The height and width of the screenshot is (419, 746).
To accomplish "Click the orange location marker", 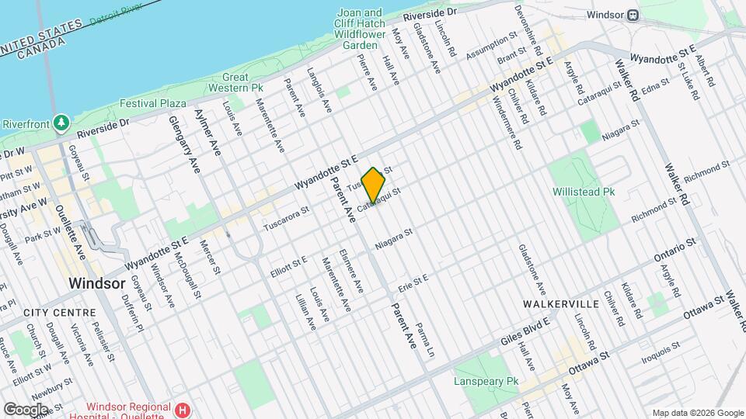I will click(374, 185).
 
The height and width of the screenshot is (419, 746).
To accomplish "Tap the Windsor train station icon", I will click(633, 15).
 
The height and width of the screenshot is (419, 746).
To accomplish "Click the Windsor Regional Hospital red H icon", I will click(183, 409).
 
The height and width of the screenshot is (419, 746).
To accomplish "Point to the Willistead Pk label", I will click(584, 191).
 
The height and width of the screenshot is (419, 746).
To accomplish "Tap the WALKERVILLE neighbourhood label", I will click(560, 303).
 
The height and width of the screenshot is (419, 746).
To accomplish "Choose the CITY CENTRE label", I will click(59, 312).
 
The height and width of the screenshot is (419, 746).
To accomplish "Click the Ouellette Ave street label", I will click(79, 234).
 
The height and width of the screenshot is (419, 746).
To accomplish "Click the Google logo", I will click(26, 409).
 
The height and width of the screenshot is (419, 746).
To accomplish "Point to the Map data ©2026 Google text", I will click(697, 412).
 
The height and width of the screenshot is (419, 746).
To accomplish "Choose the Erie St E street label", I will click(413, 282).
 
